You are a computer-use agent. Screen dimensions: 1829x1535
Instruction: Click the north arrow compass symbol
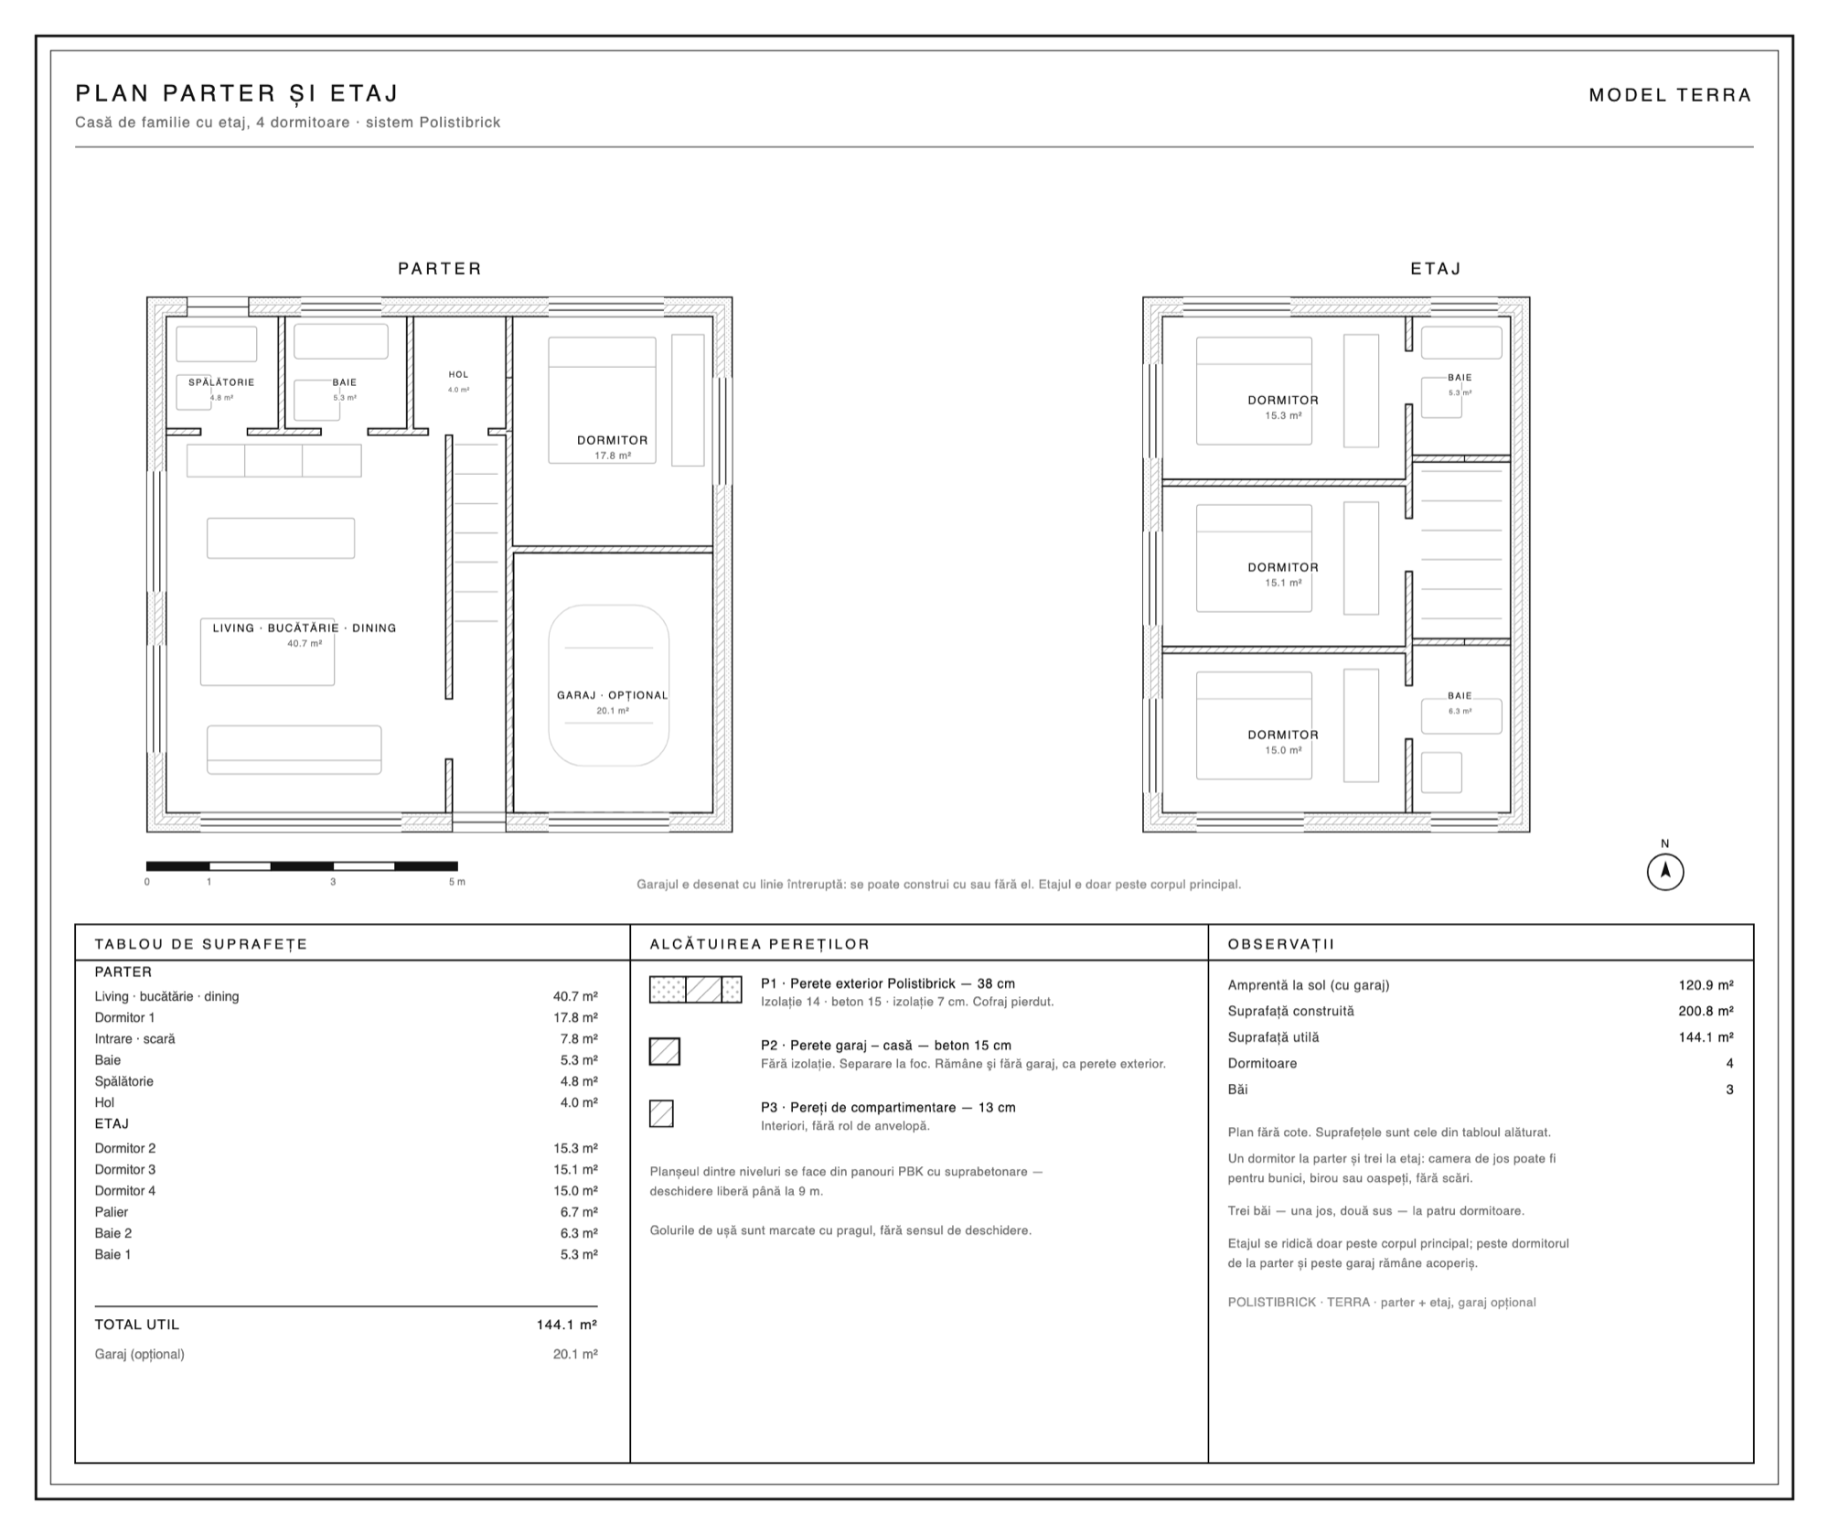(x=1665, y=872)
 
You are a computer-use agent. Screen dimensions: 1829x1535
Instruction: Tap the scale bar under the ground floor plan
(x=302, y=866)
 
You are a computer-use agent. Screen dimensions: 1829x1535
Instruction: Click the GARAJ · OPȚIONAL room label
(x=613, y=695)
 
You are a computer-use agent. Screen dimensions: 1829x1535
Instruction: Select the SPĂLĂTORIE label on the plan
(x=221, y=382)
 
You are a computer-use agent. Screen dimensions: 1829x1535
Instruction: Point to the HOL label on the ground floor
(x=458, y=374)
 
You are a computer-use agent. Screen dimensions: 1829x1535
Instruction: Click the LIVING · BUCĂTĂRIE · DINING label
(x=305, y=628)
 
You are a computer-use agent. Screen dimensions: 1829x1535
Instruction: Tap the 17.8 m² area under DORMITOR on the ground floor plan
(x=613, y=456)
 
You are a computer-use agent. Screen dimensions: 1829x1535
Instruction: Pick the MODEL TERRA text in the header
(x=1670, y=95)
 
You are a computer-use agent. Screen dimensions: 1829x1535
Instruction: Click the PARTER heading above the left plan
(x=440, y=269)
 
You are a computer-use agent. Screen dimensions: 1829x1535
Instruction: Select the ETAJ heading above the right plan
(x=1436, y=269)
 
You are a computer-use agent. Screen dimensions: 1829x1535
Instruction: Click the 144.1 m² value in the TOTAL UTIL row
(x=567, y=1325)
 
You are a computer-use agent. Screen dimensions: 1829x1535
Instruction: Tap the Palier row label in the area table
(x=112, y=1212)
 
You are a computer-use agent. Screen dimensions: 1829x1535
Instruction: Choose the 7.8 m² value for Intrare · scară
(x=579, y=1039)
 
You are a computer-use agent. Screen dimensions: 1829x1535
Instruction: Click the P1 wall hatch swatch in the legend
(x=696, y=990)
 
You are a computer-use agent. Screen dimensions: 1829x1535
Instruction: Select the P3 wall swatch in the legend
(x=661, y=1113)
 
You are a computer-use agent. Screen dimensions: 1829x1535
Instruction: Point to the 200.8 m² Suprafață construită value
(x=1706, y=1012)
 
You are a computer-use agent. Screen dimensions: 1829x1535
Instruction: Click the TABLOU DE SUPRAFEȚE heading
(x=201, y=944)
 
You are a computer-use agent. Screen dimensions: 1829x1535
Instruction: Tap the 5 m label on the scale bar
(x=456, y=882)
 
